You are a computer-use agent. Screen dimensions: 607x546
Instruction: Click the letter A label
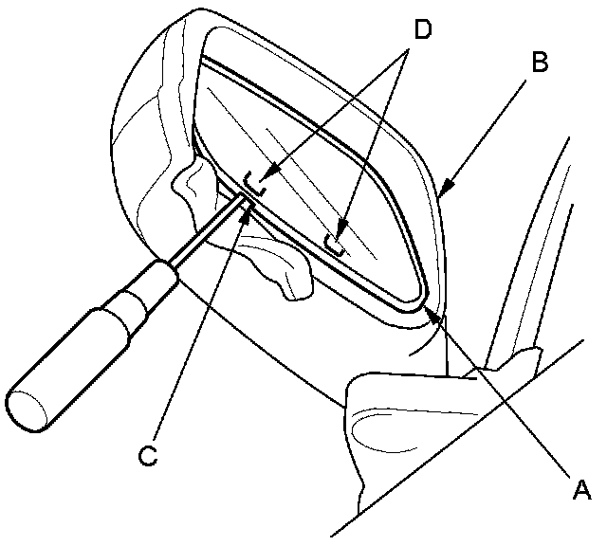click(582, 489)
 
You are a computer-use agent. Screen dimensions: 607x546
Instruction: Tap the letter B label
click(539, 64)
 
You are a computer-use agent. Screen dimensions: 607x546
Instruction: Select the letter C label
click(146, 455)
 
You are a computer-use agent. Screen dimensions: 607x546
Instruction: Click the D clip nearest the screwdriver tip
click(254, 179)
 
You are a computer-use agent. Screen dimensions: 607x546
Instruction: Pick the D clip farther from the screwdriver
click(336, 241)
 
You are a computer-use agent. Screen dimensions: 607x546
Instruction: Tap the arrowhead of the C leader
click(248, 210)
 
